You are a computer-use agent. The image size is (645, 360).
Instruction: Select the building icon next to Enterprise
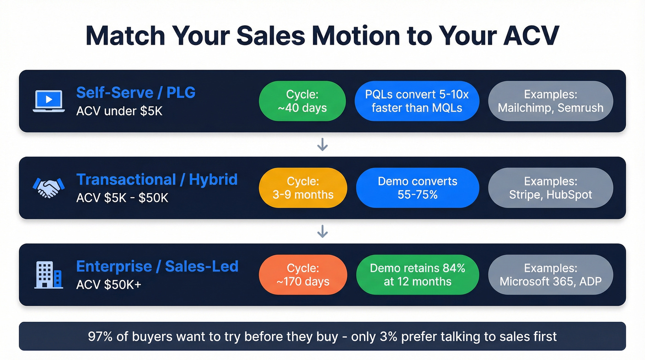tap(48, 275)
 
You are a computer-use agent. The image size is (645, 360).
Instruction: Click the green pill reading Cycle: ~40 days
tap(302, 101)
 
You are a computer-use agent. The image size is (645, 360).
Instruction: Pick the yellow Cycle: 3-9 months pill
tap(303, 188)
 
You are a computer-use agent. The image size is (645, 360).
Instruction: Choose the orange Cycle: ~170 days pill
tap(303, 275)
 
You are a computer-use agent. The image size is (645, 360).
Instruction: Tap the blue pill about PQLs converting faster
tap(417, 101)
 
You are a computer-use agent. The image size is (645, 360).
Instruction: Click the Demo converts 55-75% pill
tap(417, 188)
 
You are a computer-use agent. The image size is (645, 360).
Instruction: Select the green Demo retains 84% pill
tap(417, 275)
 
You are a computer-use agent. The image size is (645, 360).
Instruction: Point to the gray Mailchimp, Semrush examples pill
tap(550, 101)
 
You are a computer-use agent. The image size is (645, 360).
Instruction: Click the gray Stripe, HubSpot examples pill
tap(550, 188)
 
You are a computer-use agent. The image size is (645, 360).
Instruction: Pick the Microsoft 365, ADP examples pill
tap(550, 275)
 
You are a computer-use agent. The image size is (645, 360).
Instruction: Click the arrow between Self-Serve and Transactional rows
tap(322, 145)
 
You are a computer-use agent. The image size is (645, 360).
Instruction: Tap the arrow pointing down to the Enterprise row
tap(322, 231)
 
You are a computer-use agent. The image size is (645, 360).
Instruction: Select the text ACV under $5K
tap(119, 111)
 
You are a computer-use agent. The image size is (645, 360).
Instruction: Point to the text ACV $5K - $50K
tap(122, 198)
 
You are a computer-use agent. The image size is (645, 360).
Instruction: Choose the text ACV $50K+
tap(109, 284)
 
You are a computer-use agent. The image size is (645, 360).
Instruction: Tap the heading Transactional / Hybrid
tap(157, 179)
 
